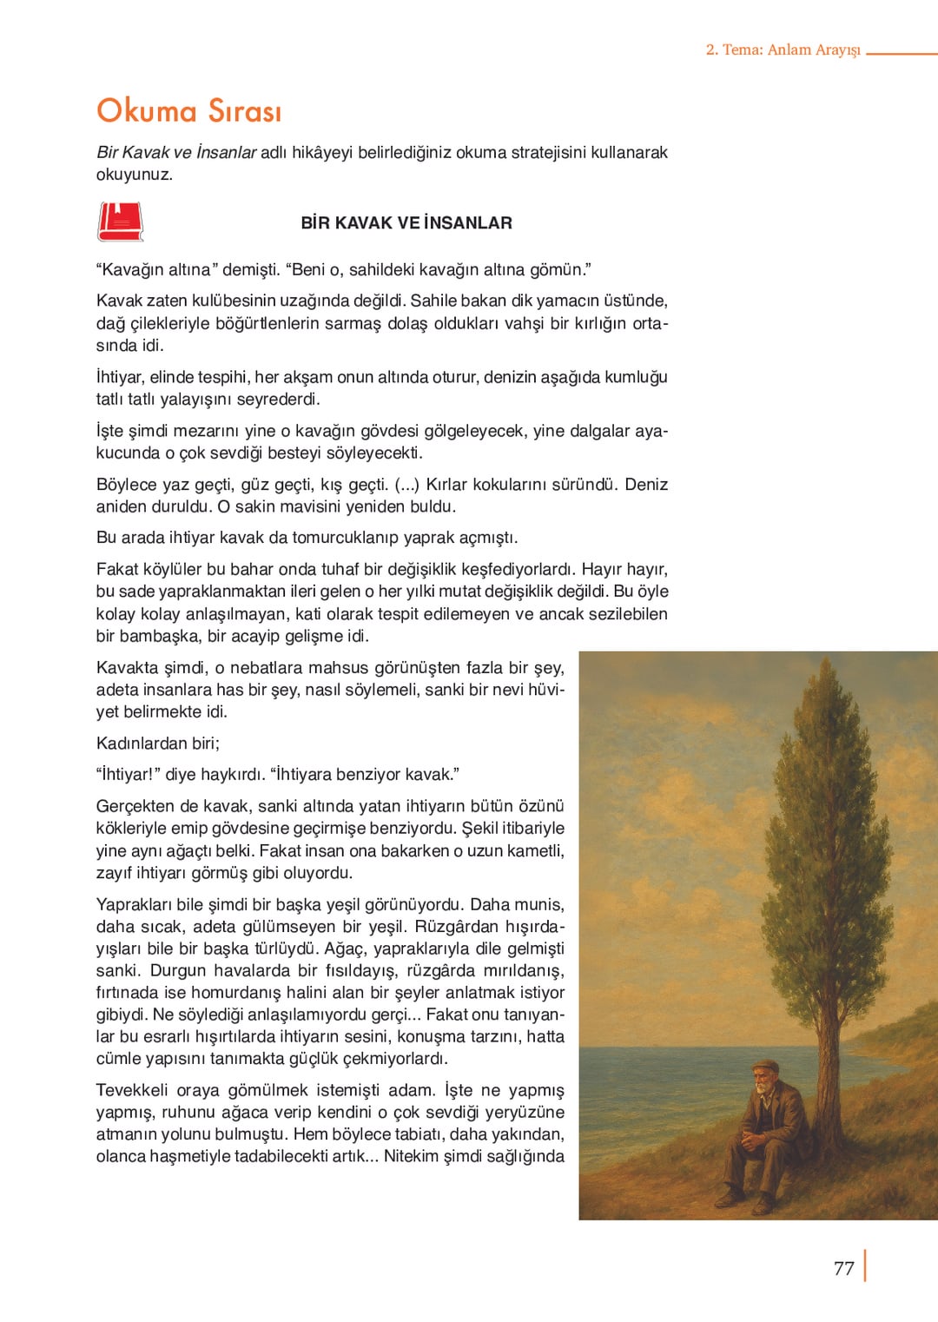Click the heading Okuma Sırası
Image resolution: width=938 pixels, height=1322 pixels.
pos(188,111)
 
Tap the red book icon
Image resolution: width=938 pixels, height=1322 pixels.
pos(120,221)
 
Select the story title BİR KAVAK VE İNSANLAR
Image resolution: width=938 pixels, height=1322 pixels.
pos(406,223)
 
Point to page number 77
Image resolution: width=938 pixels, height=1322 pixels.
pos(843,1268)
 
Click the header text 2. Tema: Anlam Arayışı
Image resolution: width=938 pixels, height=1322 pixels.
pos(783,50)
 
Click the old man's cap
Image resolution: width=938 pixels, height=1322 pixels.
pos(764,1066)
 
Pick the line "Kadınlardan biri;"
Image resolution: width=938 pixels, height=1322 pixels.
pos(158,744)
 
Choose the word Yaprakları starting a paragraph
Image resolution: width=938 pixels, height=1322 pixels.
pos(135,904)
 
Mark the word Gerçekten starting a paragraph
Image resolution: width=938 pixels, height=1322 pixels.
pos(135,806)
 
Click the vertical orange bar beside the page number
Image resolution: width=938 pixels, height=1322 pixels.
pos(865,1266)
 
